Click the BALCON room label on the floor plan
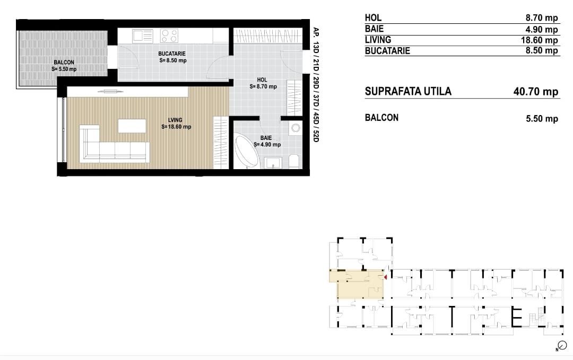point(64,63)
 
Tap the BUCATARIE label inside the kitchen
point(172,54)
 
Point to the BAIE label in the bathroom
point(266,138)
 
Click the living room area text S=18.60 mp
point(177,127)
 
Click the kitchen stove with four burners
point(169,36)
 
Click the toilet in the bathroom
point(294,161)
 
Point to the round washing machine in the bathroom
point(295,128)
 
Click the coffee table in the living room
point(132,126)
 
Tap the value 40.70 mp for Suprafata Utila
point(536,92)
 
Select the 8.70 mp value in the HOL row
point(541,18)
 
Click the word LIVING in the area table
point(378,40)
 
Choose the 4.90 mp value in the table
point(541,29)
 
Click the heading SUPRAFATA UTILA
point(408,91)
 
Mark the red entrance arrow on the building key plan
point(386,276)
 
